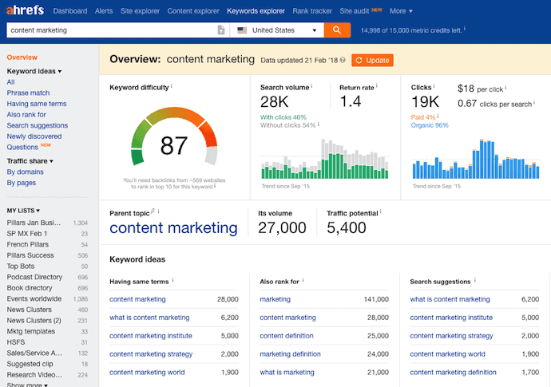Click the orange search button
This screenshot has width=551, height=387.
point(337,30)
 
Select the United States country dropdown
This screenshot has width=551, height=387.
point(277,30)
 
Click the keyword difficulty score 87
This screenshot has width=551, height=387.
point(173,146)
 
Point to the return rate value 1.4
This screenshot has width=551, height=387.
point(351,101)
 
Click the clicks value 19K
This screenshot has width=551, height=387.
point(426,101)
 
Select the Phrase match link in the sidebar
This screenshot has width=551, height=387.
point(28,93)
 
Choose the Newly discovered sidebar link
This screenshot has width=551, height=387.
point(34,136)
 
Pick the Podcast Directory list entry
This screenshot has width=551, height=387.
point(34,277)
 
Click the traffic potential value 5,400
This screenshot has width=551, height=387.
point(347,228)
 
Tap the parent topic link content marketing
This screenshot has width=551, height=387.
point(173,228)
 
